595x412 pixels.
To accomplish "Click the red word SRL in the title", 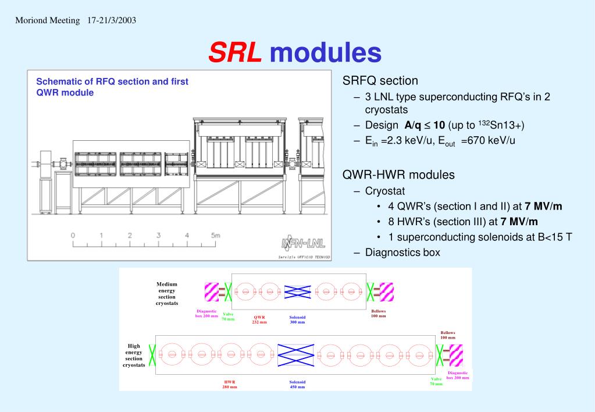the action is tap(235, 52).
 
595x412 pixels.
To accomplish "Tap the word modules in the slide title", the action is tap(325, 52).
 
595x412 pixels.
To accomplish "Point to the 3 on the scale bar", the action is tap(158, 236).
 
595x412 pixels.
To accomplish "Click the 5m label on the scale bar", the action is tap(215, 236).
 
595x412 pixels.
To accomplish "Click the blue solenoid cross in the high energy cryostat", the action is tap(295, 355).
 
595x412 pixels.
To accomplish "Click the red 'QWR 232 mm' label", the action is tap(259, 319).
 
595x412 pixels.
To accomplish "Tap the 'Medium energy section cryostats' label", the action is tap(166, 293).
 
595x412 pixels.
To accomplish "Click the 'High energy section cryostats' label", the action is tap(134, 356).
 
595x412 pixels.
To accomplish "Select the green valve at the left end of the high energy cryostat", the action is tap(152, 354).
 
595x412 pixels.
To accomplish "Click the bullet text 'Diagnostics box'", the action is tap(402, 252).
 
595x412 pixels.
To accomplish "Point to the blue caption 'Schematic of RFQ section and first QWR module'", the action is tap(112, 87).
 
